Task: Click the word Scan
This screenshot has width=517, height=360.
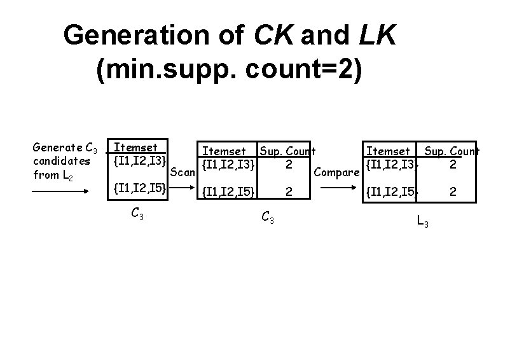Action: tap(184, 172)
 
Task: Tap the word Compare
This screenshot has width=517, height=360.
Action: tap(337, 172)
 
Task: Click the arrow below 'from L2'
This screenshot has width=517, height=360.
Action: tap(61, 190)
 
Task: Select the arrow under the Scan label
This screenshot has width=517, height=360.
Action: tap(184, 188)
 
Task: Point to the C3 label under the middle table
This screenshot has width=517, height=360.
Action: tap(268, 219)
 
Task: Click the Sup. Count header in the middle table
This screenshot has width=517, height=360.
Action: tap(287, 151)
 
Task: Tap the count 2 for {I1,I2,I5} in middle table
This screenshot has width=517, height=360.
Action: tap(289, 190)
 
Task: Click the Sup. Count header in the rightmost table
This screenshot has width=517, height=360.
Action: tap(452, 151)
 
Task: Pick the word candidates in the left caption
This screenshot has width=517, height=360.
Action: tap(61, 162)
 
